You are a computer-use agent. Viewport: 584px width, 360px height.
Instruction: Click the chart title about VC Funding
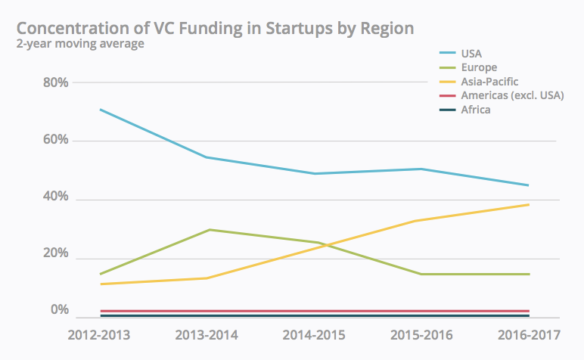pyautogui.click(x=215, y=28)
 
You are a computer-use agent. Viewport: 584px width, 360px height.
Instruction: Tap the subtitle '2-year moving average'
pyautogui.click(x=80, y=45)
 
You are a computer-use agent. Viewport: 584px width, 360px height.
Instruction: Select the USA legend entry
pyautogui.click(x=471, y=53)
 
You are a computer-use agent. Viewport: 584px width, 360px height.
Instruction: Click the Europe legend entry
pyautogui.click(x=479, y=67)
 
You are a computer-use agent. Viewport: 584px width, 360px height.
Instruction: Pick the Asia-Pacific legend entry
pyautogui.click(x=489, y=81)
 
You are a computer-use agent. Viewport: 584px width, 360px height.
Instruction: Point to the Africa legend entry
pyautogui.click(x=476, y=110)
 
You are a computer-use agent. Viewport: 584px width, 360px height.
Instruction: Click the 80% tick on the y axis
pyautogui.click(x=55, y=82)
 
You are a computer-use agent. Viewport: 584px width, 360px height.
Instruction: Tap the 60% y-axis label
pyautogui.click(x=55, y=140)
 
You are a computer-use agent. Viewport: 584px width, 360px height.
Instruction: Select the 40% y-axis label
pyautogui.click(x=55, y=197)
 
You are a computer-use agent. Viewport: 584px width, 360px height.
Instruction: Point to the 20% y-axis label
pyautogui.click(x=55, y=254)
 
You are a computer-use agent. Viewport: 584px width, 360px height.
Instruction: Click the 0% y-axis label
pyautogui.click(x=59, y=310)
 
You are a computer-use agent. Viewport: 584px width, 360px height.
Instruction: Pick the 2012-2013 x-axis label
pyautogui.click(x=99, y=334)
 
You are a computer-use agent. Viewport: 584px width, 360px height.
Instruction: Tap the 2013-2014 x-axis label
pyautogui.click(x=207, y=334)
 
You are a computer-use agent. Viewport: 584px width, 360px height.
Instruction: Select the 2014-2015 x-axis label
pyautogui.click(x=314, y=334)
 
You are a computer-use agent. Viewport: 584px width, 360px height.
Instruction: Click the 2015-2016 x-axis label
pyautogui.click(x=421, y=334)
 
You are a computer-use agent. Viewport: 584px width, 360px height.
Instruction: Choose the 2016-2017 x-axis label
pyautogui.click(x=528, y=334)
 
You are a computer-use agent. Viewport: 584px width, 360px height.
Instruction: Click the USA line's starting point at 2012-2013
pyautogui.click(x=99, y=110)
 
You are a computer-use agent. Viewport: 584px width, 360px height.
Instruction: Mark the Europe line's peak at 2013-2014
pyautogui.click(x=209, y=229)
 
